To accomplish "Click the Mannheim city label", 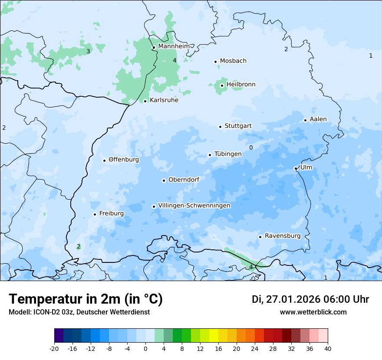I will tap(174, 46).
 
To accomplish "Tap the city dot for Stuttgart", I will tap(220, 127).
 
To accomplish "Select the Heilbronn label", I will tap(241, 85).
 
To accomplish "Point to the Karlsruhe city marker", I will tap(145, 101).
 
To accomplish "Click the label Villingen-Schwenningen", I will tap(194, 206).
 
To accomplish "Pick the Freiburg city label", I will tap(111, 213).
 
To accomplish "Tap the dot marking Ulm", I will tap(296, 168).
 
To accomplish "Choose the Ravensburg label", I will tap(283, 236).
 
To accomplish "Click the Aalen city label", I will tap(318, 119).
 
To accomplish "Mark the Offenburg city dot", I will tap(105, 160).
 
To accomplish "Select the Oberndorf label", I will tap(184, 180).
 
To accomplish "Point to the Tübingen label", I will tap(228, 154).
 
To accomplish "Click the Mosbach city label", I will tap(233, 61).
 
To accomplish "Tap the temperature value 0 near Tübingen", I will tap(251, 147).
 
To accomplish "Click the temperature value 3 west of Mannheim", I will tap(88, 51).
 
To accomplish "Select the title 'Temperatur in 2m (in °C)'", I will tap(86, 299).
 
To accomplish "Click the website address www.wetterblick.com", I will tap(313, 312).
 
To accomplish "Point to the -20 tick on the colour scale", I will tap(54, 348).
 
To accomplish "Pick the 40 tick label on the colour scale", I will tap(327, 348).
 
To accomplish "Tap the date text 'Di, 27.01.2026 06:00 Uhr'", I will tap(310, 299).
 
